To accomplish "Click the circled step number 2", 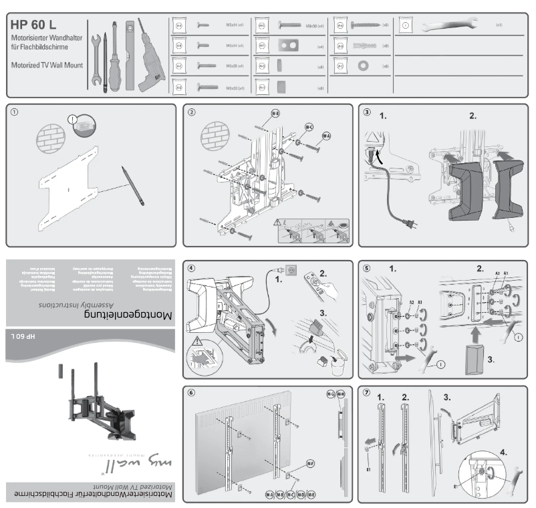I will [192, 112].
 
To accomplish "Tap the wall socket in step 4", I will [291, 271].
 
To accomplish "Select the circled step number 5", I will [366, 268].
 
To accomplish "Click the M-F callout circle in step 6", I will [311, 463].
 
